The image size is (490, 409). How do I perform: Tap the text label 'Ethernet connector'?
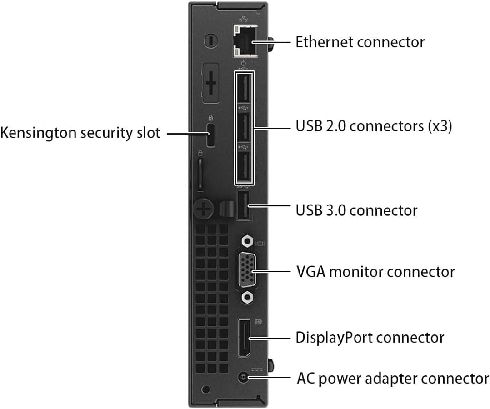coord(360,42)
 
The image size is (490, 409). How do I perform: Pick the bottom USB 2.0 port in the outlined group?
coord(244,166)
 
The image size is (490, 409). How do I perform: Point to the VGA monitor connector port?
coord(245,272)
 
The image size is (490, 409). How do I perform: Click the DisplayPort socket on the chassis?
coord(244,339)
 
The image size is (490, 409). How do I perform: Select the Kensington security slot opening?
coord(210,135)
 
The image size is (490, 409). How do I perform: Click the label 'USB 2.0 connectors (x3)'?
coord(374,126)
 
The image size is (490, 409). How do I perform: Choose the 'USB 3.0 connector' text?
coord(356,210)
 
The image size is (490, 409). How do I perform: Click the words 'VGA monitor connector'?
coord(375,272)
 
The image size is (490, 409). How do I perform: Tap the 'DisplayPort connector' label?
coord(370,338)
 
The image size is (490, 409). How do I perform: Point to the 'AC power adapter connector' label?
coord(393,378)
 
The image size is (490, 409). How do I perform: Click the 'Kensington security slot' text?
coord(80,133)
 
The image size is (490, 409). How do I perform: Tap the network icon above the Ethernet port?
coord(243,20)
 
